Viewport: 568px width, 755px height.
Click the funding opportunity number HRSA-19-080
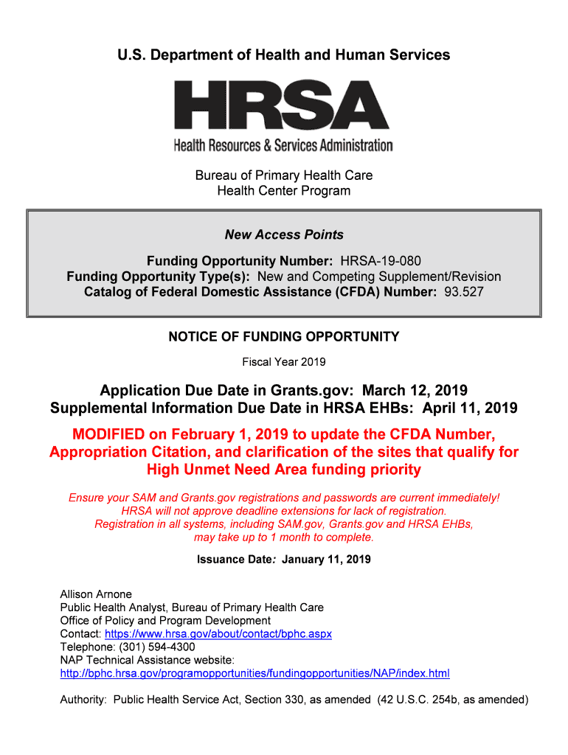pyautogui.click(x=381, y=262)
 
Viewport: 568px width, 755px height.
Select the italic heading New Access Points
pyautogui.click(x=284, y=234)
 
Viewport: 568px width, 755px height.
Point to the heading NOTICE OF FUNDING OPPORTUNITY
pyautogui.click(x=284, y=337)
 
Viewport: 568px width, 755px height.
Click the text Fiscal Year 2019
pyautogui.click(x=284, y=362)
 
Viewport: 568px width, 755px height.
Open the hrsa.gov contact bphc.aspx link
pyautogui.click(x=218, y=634)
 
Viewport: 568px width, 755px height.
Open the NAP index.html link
pyautogui.click(x=254, y=674)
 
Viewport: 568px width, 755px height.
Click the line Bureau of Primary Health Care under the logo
pyautogui.click(x=284, y=175)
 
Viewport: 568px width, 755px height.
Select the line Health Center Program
pyautogui.click(x=284, y=191)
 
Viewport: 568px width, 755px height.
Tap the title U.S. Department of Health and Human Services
pyautogui.click(x=284, y=55)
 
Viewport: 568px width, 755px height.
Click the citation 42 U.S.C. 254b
pyautogui.click(x=426, y=700)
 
